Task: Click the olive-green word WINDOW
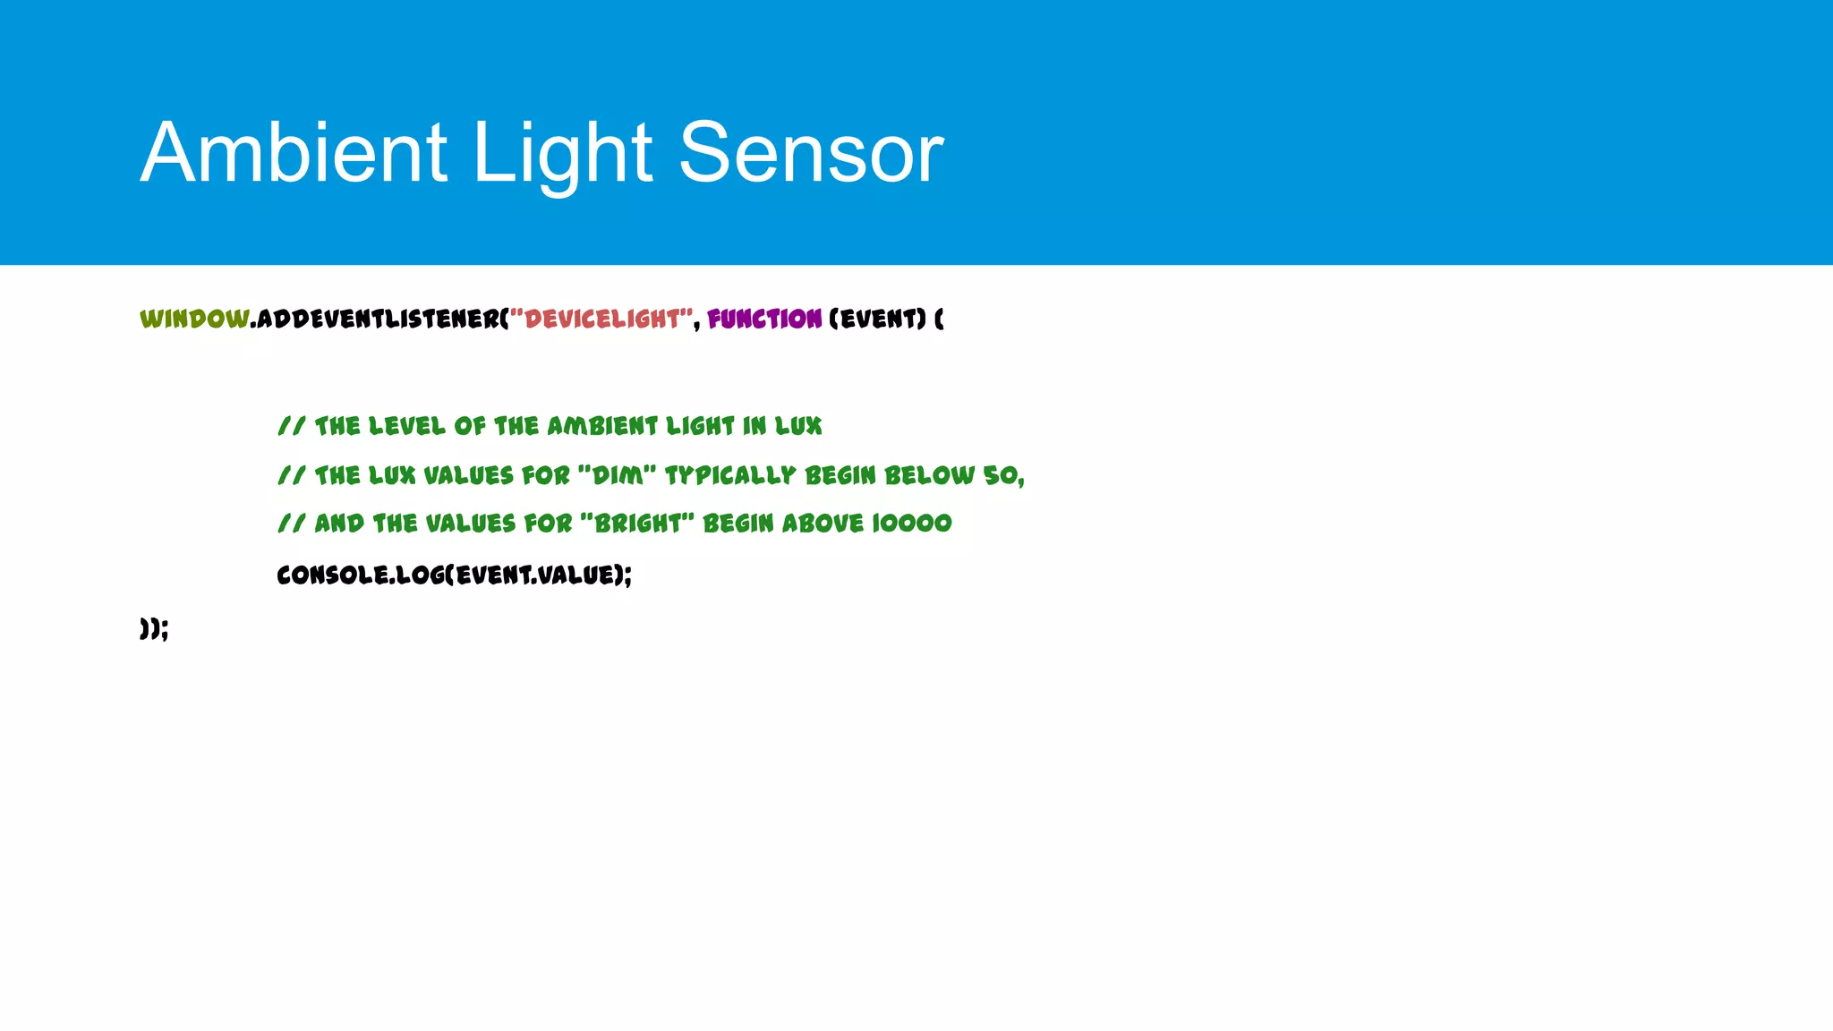(x=194, y=319)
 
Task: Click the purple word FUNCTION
(x=764, y=319)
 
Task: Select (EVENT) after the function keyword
(x=877, y=319)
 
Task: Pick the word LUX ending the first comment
(x=798, y=426)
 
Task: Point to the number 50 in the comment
(x=1000, y=475)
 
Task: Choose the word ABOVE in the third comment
(x=823, y=524)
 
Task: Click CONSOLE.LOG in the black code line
(x=359, y=575)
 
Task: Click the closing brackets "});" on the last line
(x=154, y=628)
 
